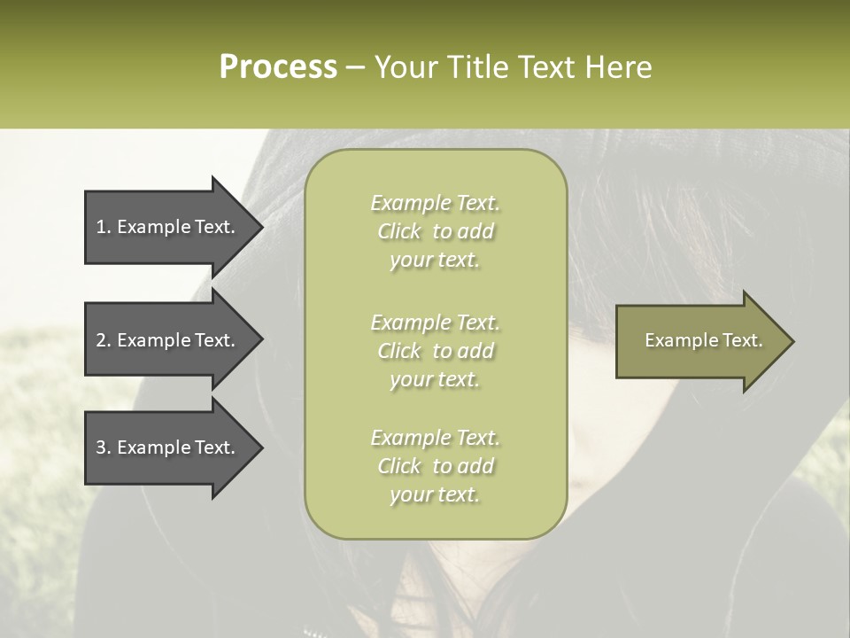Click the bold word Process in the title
pos(278,67)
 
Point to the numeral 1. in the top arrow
pos(104,227)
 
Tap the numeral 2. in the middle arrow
pos(104,340)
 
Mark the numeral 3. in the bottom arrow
pos(104,447)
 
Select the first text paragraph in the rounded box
pos(435,231)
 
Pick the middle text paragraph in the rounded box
pos(435,351)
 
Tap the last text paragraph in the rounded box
pos(435,466)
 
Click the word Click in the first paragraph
pos(399,231)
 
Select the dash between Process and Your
pos(356,67)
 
